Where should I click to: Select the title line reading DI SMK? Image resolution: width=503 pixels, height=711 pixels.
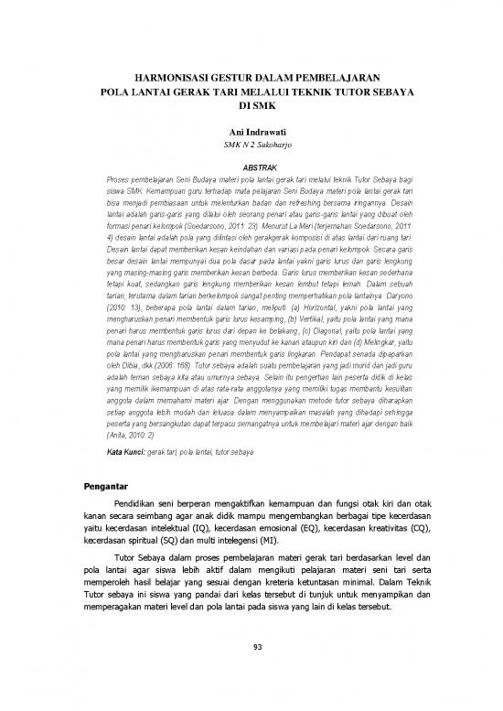(251, 107)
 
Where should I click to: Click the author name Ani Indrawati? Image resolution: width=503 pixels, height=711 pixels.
(251, 134)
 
